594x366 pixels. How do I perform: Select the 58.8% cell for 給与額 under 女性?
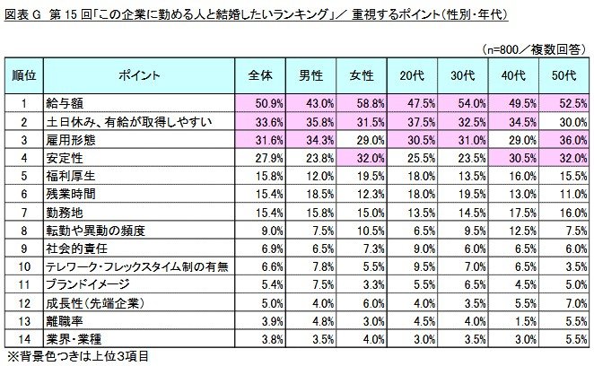(369, 103)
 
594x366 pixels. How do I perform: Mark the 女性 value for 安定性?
(369, 158)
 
